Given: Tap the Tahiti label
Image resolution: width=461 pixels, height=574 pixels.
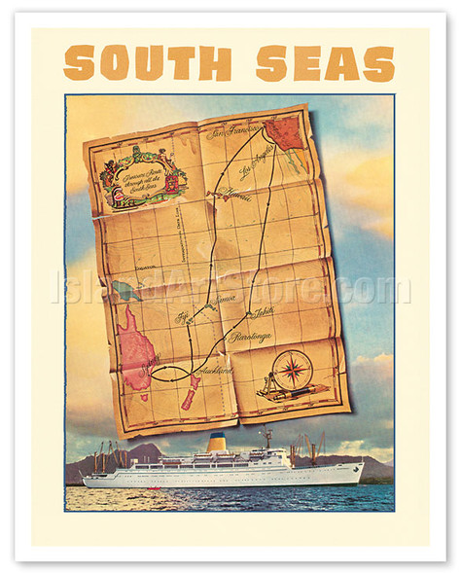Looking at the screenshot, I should point(262,313).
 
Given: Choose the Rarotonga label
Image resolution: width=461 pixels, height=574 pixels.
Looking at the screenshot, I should point(250,337).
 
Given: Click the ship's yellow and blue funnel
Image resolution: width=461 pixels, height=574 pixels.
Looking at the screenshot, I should point(216,443).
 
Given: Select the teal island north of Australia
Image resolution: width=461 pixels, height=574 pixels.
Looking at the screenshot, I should point(124,290).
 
